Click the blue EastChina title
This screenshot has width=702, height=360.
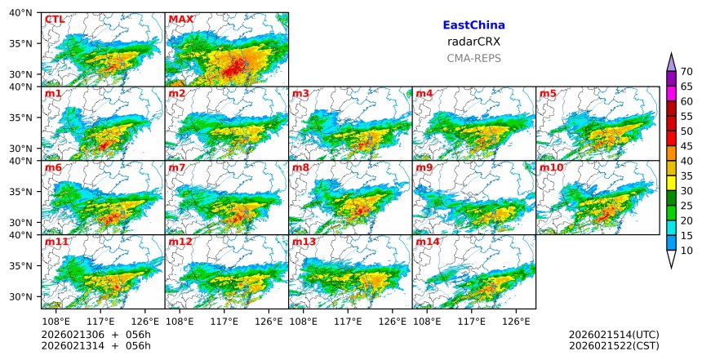pyautogui.click(x=473, y=25)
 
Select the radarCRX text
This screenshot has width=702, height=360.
pyautogui.click(x=473, y=42)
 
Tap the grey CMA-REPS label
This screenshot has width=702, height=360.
pyautogui.click(x=473, y=58)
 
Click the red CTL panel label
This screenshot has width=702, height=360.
pyautogui.click(x=54, y=19)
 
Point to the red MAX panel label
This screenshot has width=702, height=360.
pyautogui.click(x=180, y=19)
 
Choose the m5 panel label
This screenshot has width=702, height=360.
pyautogui.click(x=548, y=93)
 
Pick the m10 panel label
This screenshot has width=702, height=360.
pyautogui.click(x=551, y=167)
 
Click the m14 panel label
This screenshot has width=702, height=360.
pyautogui.click(x=428, y=242)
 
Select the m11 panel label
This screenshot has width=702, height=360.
pyautogui.click(x=56, y=242)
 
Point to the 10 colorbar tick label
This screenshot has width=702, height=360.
pyautogui.click(x=687, y=251)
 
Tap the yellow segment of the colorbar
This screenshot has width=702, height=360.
pyautogui.click(x=672, y=183)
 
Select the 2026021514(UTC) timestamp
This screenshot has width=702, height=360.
pyautogui.click(x=614, y=335)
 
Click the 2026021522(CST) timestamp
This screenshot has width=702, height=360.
pyautogui.click(x=614, y=346)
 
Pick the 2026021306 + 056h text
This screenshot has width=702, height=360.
pyautogui.click(x=90, y=335)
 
